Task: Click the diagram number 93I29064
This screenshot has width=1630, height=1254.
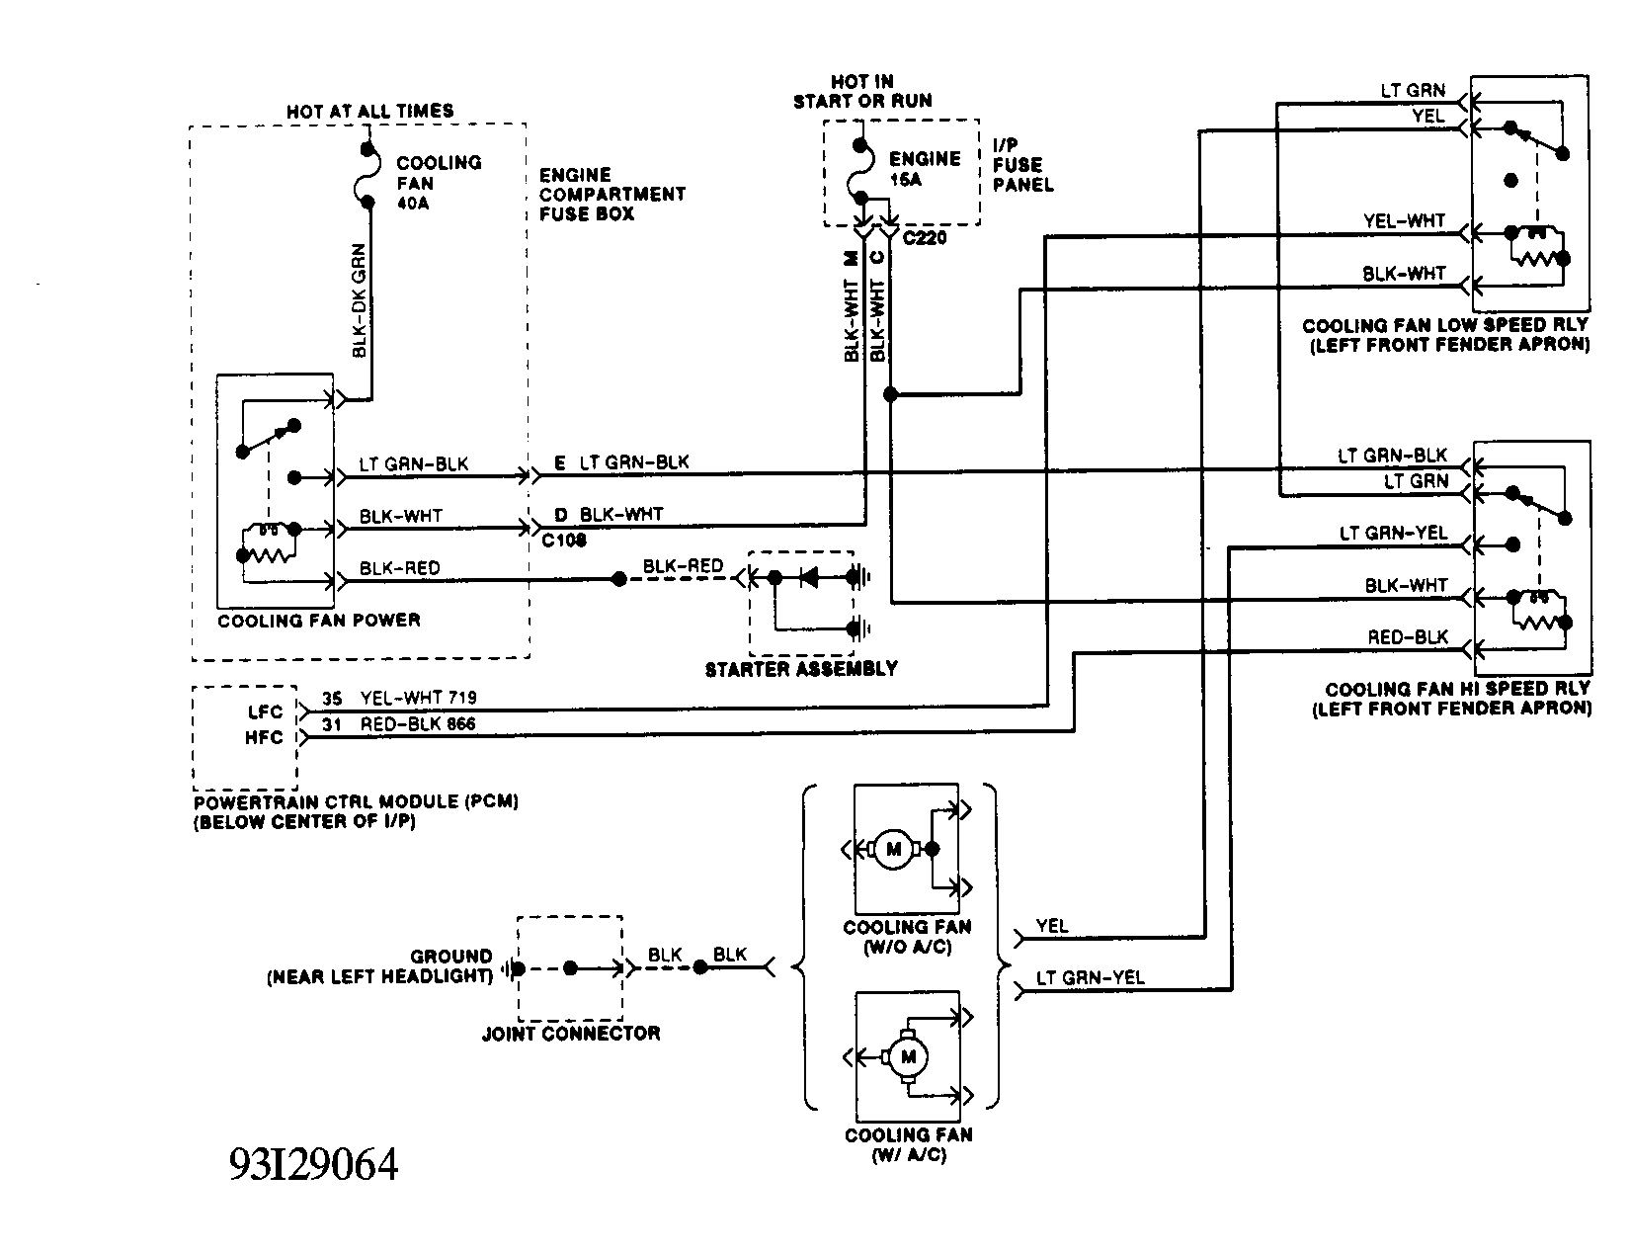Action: (313, 1165)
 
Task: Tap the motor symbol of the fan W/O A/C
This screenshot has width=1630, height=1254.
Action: (894, 848)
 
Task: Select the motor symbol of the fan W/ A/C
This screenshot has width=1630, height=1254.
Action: (906, 1057)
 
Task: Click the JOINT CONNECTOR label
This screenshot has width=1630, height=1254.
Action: (570, 1034)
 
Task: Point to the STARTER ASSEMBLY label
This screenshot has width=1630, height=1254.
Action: (800, 669)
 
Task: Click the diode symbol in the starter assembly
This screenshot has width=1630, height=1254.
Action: (809, 576)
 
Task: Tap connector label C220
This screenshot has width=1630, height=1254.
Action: (924, 237)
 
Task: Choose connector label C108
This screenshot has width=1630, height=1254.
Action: (564, 541)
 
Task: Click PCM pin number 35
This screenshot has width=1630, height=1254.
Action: (331, 699)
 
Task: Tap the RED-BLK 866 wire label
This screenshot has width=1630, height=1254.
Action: (418, 724)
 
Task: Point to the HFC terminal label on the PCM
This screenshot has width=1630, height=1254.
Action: (264, 737)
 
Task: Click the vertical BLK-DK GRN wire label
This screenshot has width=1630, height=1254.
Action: (359, 299)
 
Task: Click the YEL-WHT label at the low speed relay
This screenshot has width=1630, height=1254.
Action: (1403, 221)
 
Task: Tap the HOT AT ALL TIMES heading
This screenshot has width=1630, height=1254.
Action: (369, 111)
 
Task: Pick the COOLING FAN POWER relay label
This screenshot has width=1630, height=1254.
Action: (318, 621)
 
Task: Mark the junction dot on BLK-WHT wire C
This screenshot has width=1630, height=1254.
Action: (890, 394)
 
